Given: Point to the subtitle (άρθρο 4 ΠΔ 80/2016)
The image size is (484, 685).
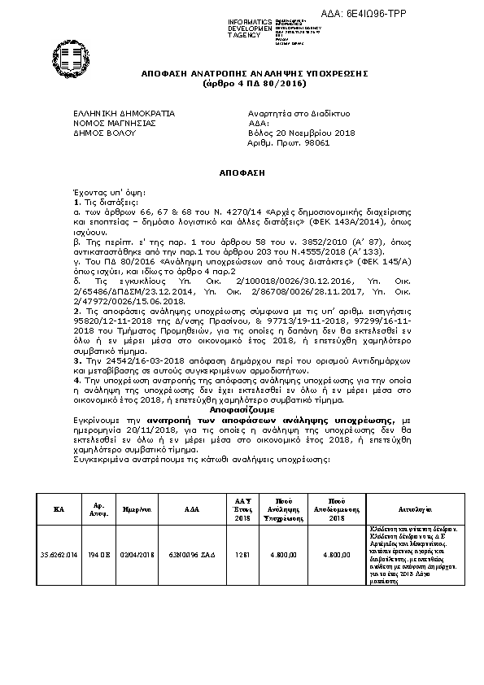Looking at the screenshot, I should [x=243, y=84].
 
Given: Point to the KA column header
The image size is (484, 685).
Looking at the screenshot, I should [x=59, y=508].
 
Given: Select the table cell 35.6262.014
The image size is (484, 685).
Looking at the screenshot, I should [x=59, y=554].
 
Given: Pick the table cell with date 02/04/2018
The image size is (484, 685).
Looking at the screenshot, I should [x=137, y=554].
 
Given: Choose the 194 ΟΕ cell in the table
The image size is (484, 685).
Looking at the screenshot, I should [x=98, y=554].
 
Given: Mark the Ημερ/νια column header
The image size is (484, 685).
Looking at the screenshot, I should [x=137, y=508].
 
